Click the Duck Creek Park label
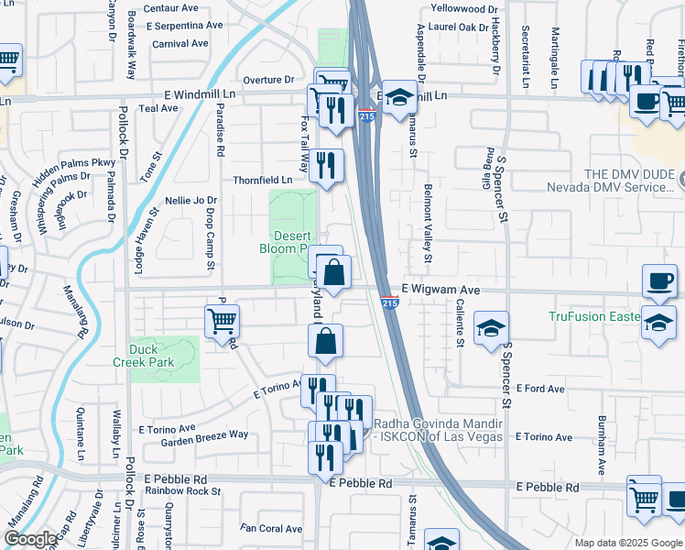[x=151, y=356]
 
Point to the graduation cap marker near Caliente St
[x=492, y=329]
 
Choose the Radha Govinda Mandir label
[x=439, y=430]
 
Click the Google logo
[x=30, y=539]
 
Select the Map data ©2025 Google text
[x=627, y=543]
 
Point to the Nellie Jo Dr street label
[x=190, y=200]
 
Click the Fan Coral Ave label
[x=271, y=529]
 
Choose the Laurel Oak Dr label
[x=459, y=27]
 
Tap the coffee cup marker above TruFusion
[x=658, y=281]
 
